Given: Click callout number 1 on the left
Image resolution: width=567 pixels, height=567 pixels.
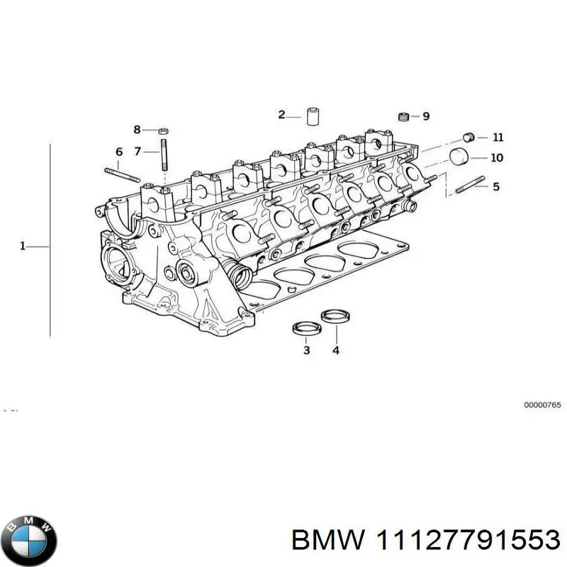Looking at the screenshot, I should [x=22, y=246].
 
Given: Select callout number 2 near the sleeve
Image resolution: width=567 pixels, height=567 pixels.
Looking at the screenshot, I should [x=281, y=115].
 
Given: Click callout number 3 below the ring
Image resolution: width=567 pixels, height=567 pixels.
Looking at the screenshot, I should [x=306, y=350].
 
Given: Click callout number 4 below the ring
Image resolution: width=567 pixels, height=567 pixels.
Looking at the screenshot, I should [x=335, y=350].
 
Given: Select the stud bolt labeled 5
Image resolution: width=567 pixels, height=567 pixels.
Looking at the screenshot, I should [x=470, y=185].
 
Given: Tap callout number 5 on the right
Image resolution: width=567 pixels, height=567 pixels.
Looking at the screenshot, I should [x=495, y=186].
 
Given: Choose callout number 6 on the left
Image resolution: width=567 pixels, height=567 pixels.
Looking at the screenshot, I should [x=119, y=152].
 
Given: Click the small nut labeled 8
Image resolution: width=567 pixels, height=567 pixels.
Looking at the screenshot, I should [x=162, y=130].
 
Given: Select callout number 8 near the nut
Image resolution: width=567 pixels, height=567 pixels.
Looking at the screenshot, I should [x=137, y=129].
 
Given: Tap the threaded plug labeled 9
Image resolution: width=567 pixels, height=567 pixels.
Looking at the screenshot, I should [x=405, y=117].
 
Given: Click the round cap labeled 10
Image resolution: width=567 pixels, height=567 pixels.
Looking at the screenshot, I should [x=461, y=157].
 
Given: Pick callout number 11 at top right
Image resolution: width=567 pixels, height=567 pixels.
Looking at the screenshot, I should [x=498, y=137].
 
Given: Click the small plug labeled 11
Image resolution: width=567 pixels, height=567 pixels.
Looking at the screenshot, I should [x=467, y=137].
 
